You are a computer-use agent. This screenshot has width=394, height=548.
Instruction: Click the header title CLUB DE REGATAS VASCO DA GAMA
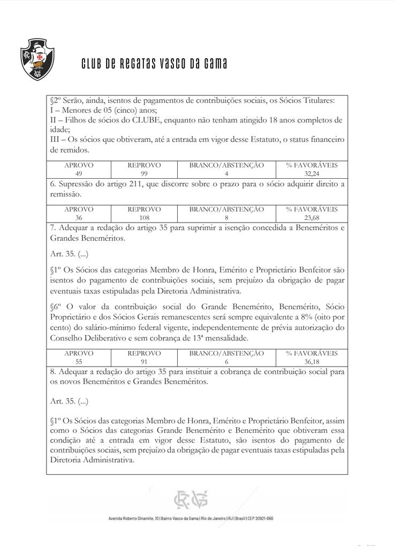[x=154, y=64]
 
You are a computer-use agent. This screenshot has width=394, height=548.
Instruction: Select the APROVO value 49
[x=79, y=174]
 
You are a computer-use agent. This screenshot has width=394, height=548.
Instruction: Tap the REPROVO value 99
[x=144, y=174]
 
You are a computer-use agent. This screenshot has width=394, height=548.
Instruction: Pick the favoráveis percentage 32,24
[x=312, y=174]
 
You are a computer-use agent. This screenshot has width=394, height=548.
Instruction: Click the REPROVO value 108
[x=144, y=218]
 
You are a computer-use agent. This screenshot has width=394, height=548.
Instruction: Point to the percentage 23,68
[x=312, y=218]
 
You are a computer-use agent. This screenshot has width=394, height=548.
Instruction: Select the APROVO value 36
[x=79, y=218]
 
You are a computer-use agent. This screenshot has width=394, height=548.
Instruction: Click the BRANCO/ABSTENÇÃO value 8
[x=226, y=218]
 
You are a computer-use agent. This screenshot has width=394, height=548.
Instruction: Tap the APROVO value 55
[x=79, y=362]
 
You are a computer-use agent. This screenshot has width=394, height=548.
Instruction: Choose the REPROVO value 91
[x=144, y=362]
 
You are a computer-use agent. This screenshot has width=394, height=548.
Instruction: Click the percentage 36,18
[x=312, y=362]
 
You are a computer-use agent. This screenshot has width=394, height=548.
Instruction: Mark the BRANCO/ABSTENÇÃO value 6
[x=226, y=362]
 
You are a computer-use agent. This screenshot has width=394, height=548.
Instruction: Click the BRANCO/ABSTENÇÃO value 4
[x=226, y=174]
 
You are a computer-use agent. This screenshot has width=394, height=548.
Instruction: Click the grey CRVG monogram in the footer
[x=190, y=500]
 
